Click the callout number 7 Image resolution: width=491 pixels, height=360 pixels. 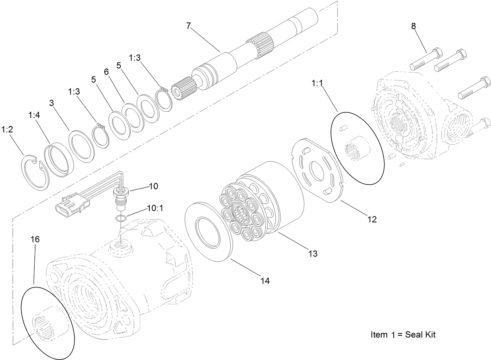189,26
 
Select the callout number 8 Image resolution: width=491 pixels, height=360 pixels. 413,26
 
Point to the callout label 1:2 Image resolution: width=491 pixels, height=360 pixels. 7,129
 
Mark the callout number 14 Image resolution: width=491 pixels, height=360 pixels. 265,280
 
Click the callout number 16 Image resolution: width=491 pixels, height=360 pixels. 35,239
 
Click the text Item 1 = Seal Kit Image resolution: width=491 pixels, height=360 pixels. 403,335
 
